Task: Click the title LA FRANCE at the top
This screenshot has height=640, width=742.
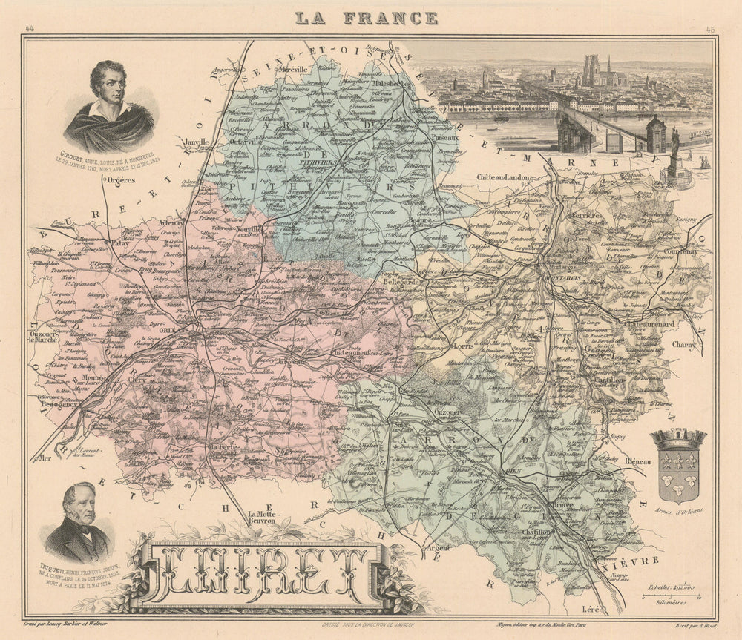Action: pyautogui.click(x=367, y=18)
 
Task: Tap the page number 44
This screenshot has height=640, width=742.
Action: pyautogui.click(x=30, y=30)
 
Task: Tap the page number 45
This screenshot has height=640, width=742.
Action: pyautogui.click(x=710, y=30)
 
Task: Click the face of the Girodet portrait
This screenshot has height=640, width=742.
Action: pyautogui.click(x=108, y=85)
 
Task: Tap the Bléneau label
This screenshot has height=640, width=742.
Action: pyautogui.click(x=637, y=461)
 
